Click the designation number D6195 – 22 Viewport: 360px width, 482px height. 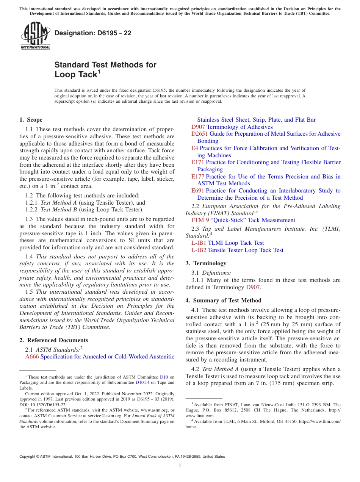click(93, 33)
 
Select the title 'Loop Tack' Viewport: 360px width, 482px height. click(76, 75)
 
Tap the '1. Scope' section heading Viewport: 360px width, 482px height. click(31, 120)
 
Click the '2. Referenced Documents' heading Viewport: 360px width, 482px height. click(54, 340)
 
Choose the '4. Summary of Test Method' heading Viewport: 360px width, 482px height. click(223, 300)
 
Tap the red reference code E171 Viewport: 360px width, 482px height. click(198, 162)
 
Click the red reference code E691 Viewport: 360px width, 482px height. click(198, 191)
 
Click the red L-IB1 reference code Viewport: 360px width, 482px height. click(199, 243)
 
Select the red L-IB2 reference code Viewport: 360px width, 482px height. click(199, 250)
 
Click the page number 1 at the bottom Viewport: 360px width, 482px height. click(180, 465)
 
